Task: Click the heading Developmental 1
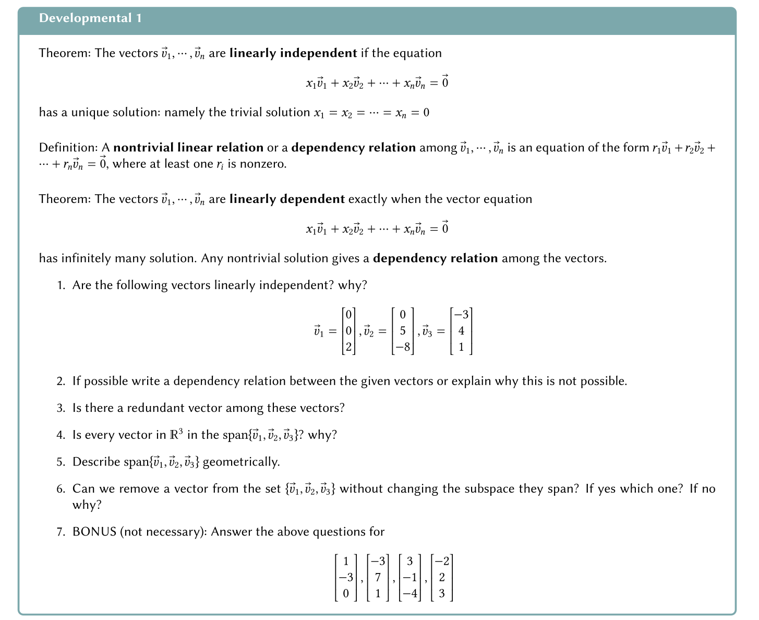[x=90, y=18]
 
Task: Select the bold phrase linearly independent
[x=293, y=53]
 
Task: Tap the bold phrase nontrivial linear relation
[x=188, y=148]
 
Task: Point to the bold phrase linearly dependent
[x=287, y=199]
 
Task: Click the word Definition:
[x=68, y=148]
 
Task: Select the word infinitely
[x=86, y=258]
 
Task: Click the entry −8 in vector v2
[x=403, y=347]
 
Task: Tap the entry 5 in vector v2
[x=403, y=331]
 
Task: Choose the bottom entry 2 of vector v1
[x=348, y=347]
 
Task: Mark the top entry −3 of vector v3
[x=461, y=315]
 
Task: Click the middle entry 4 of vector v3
[x=461, y=331]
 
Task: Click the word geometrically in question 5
[x=241, y=462]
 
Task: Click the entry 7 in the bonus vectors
[x=378, y=578]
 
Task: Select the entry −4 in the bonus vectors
[x=409, y=593]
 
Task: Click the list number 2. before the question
[x=61, y=381]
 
